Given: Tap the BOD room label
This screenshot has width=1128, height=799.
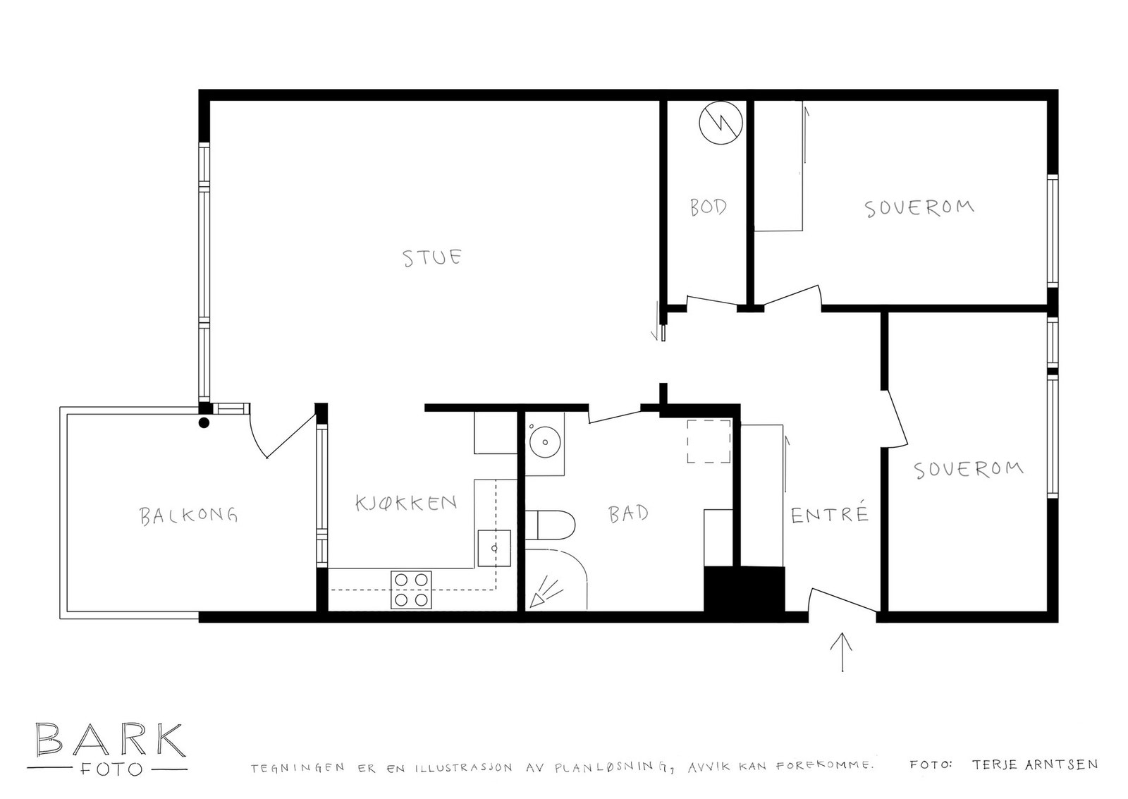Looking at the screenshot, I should pyautogui.click(x=708, y=207).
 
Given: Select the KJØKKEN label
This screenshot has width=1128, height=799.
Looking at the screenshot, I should pyautogui.click(x=406, y=503).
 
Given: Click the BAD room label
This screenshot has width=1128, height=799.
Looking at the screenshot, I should pyautogui.click(x=628, y=513).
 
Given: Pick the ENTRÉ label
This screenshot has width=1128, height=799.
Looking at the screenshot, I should pyautogui.click(x=829, y=514).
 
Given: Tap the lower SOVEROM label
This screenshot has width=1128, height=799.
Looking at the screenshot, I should pyautogui.click(x=968, y=469).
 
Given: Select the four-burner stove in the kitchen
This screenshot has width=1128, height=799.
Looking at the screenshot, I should pyautogui.click(x=412, y=590).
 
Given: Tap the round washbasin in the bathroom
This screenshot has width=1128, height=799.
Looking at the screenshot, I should pyautogui.click(x=545, y=441).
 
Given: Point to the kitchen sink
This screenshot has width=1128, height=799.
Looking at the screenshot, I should pyautogui.click(x=493, y=547).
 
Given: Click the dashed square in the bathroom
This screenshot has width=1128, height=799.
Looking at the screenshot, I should pyautogui.click(x=709, y=441).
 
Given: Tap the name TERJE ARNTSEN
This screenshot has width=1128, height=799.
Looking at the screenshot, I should pyautogui.click(x=1034, y=764).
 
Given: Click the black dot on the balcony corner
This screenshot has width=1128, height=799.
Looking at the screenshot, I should pyautogui.click(x=204, y=423).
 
